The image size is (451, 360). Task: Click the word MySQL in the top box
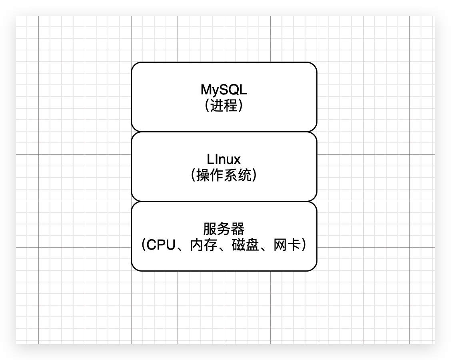pyautogui.click(x=224, y=90)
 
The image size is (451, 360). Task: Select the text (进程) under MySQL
pyautogui.click(x=224, y=106)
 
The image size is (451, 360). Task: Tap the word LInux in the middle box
pyautogui.click(x=224, y=159)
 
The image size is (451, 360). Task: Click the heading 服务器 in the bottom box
pyautogui.click(x=224, y=229)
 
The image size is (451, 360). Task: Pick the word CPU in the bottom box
pyautogui.click(x=161, y=245)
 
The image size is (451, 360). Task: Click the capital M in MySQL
pyautogui.click(x=206, y=90)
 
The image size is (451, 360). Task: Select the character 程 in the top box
pyautogui.click(x=231, y=106)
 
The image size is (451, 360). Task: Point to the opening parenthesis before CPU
pyautogui.click(x=143, y=245)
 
